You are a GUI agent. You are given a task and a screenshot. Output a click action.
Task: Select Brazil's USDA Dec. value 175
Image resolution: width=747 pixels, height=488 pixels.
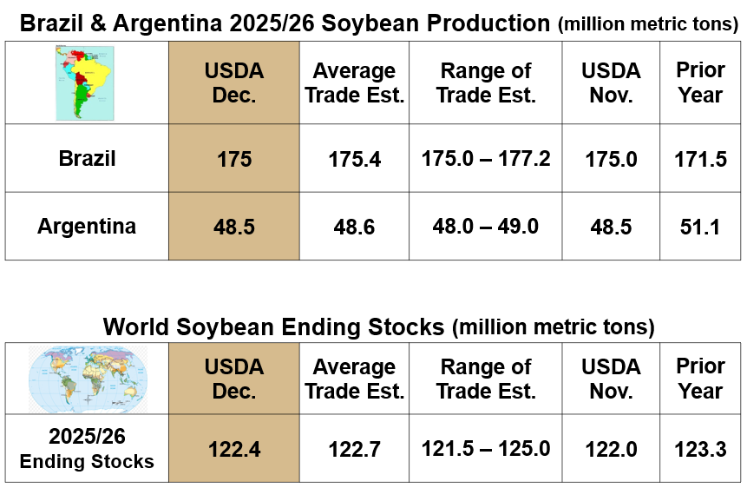pyautogui.click(x=234, y=159)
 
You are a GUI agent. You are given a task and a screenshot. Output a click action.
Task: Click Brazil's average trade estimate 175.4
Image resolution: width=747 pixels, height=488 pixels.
pyautogui.click(x=355, y=159)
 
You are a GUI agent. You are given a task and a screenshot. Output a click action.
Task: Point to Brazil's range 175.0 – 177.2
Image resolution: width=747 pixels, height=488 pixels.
pyautogui.click(x=486, y=158)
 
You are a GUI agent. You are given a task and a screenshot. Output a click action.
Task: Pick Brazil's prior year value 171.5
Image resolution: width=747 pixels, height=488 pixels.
pyautogui.click(x=700, y=159)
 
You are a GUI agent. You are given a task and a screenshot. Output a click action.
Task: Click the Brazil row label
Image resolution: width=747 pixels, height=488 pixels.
pyautogui.click(x=87, y=158)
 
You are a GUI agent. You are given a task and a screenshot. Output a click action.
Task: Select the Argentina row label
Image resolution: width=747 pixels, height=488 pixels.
pyautogui.click(x=87, y=227)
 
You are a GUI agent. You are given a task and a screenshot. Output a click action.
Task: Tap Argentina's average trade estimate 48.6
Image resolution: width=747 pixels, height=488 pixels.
pyautogui.click(x=355, y=228)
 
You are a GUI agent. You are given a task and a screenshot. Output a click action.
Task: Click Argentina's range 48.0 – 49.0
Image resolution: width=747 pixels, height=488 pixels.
pyautogui.click(x=486, y=227)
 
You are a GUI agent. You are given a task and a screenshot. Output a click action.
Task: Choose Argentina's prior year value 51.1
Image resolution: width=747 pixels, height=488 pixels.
pyautogui.click(x=700, y=228)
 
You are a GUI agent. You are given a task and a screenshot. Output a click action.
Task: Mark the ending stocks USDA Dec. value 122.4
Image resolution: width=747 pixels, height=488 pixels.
pyautogui.click(x=234, y=450)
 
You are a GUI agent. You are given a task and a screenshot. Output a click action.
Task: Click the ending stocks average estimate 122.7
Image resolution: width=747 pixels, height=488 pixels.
pyautogui.click(x=355, y=450)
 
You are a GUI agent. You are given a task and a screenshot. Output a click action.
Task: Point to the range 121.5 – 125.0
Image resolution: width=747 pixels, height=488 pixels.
pyautogui.click(x=486, y=449)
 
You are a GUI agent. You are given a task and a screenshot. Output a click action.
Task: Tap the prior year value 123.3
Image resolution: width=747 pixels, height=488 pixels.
pyautogui.click(x=700, y=450)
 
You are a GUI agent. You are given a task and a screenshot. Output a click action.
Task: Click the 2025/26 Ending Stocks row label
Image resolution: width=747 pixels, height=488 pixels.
pyautogui.click(x=87, y=450)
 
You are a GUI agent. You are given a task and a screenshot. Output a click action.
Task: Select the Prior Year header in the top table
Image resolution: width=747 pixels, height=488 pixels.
pyautogui.click(x=700, y=82)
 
